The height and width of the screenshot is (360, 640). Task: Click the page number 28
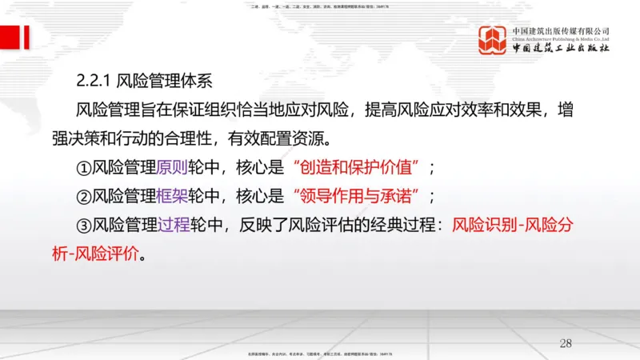[x=566, y=343]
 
